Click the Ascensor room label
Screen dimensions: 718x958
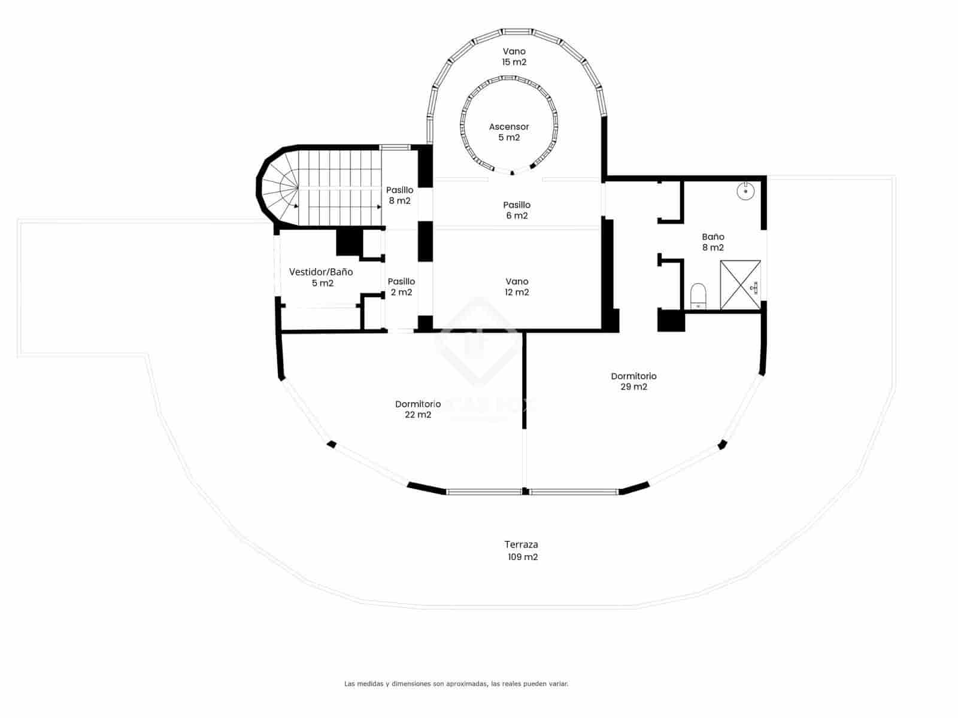pyautogui.click(x=509, y=132)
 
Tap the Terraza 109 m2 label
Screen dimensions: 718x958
pyautogui.click(x=521, y=550)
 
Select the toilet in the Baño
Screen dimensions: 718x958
pyautogui.click(x=698, y=296)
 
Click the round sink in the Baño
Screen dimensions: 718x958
pyautogui.click(x=745, y=191)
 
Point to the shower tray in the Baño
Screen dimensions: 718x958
pyautogui.click(x=740, y=285)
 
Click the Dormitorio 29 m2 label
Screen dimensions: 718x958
pyautogui.click(x=633, y=381)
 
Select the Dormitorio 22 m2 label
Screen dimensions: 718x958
pyautogui.click(x=418, y=409)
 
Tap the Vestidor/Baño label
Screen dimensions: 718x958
pyautogui.click(x=321, y=277)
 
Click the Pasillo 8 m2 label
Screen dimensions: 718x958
pyautogui.click(x=399, y=195)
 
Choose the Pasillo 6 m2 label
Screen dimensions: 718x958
pyautogui.click(x=517, y=210)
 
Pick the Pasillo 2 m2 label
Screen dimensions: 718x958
pyautogui.click(x=401, y=287)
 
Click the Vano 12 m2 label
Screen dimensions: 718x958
pyautogui.click(x=517, y=287)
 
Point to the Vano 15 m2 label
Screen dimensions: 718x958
pyautogui.click(x=514, y=56)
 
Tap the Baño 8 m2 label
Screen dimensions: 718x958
pyautogui.click(x=713, y=242)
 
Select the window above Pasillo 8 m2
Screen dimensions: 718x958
pyautogui.click(x=395, y=147)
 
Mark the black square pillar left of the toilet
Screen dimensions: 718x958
pyautogui.click(x=671, y=320)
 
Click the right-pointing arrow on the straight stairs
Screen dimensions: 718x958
pyautogui.click(x=378, y=206)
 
